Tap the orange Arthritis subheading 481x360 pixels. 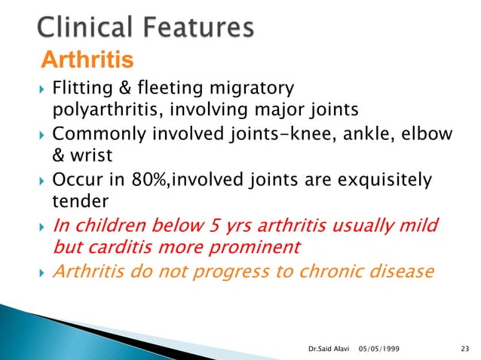87,58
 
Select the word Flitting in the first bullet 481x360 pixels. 79,90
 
